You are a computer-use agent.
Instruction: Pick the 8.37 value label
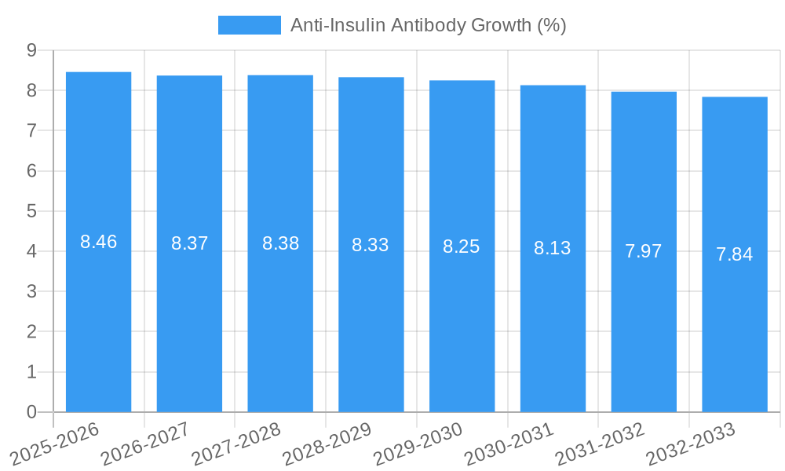point(189,243)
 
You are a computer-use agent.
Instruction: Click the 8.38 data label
point(280,243)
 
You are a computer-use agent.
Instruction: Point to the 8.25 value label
point(461,246)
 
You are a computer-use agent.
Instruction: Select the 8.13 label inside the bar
point(552,248)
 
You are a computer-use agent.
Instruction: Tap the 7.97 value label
point(643,251)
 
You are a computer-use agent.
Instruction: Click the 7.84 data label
point(734,254)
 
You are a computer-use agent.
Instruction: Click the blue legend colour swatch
point(249,25)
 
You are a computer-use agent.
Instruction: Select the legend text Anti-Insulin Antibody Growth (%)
point(428,25)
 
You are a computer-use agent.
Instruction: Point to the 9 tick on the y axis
point(31,50)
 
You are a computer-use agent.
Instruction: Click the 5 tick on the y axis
point(31,211)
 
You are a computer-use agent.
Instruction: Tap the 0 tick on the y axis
point(31,412)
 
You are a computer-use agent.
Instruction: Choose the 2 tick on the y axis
point(31,332)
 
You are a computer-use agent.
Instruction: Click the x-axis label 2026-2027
point(145,443)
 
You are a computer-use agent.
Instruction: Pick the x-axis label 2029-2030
point(418,443)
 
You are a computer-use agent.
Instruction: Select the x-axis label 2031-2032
point(600,443)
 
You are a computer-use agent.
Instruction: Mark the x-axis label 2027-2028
point(236,443)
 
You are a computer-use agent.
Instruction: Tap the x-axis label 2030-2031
point(509,443)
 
